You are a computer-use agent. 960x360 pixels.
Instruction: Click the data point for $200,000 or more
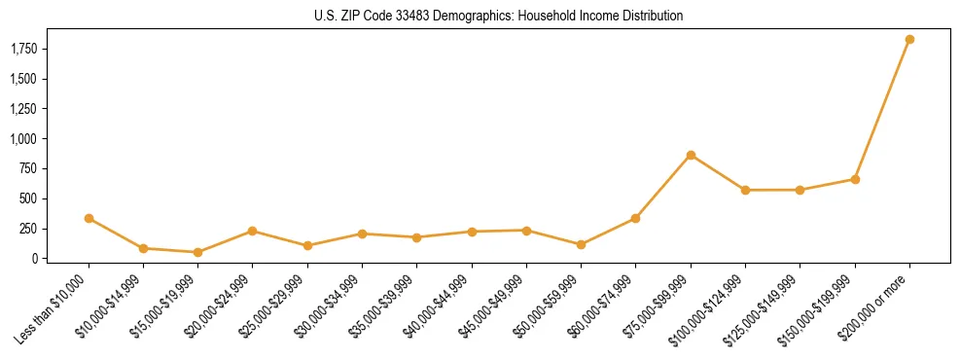(x=909, y=40)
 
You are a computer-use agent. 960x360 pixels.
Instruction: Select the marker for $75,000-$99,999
(x=691, y=155)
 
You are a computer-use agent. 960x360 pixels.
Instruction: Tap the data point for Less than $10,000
(x=89, y=218)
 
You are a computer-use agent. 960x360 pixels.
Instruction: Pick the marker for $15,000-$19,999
(x=197, y=252)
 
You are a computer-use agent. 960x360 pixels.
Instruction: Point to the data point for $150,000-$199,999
(x=855, y=179)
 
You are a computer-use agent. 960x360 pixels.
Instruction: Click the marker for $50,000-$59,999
(x=581, y=244)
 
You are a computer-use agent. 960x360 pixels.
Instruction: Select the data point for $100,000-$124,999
(x=745, y=190)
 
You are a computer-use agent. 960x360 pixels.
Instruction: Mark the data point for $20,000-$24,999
(x=252, y=231)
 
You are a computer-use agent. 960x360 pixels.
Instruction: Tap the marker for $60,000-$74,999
(x=635, y=218)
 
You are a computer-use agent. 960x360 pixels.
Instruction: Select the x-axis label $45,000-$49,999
(x=492, y=308)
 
